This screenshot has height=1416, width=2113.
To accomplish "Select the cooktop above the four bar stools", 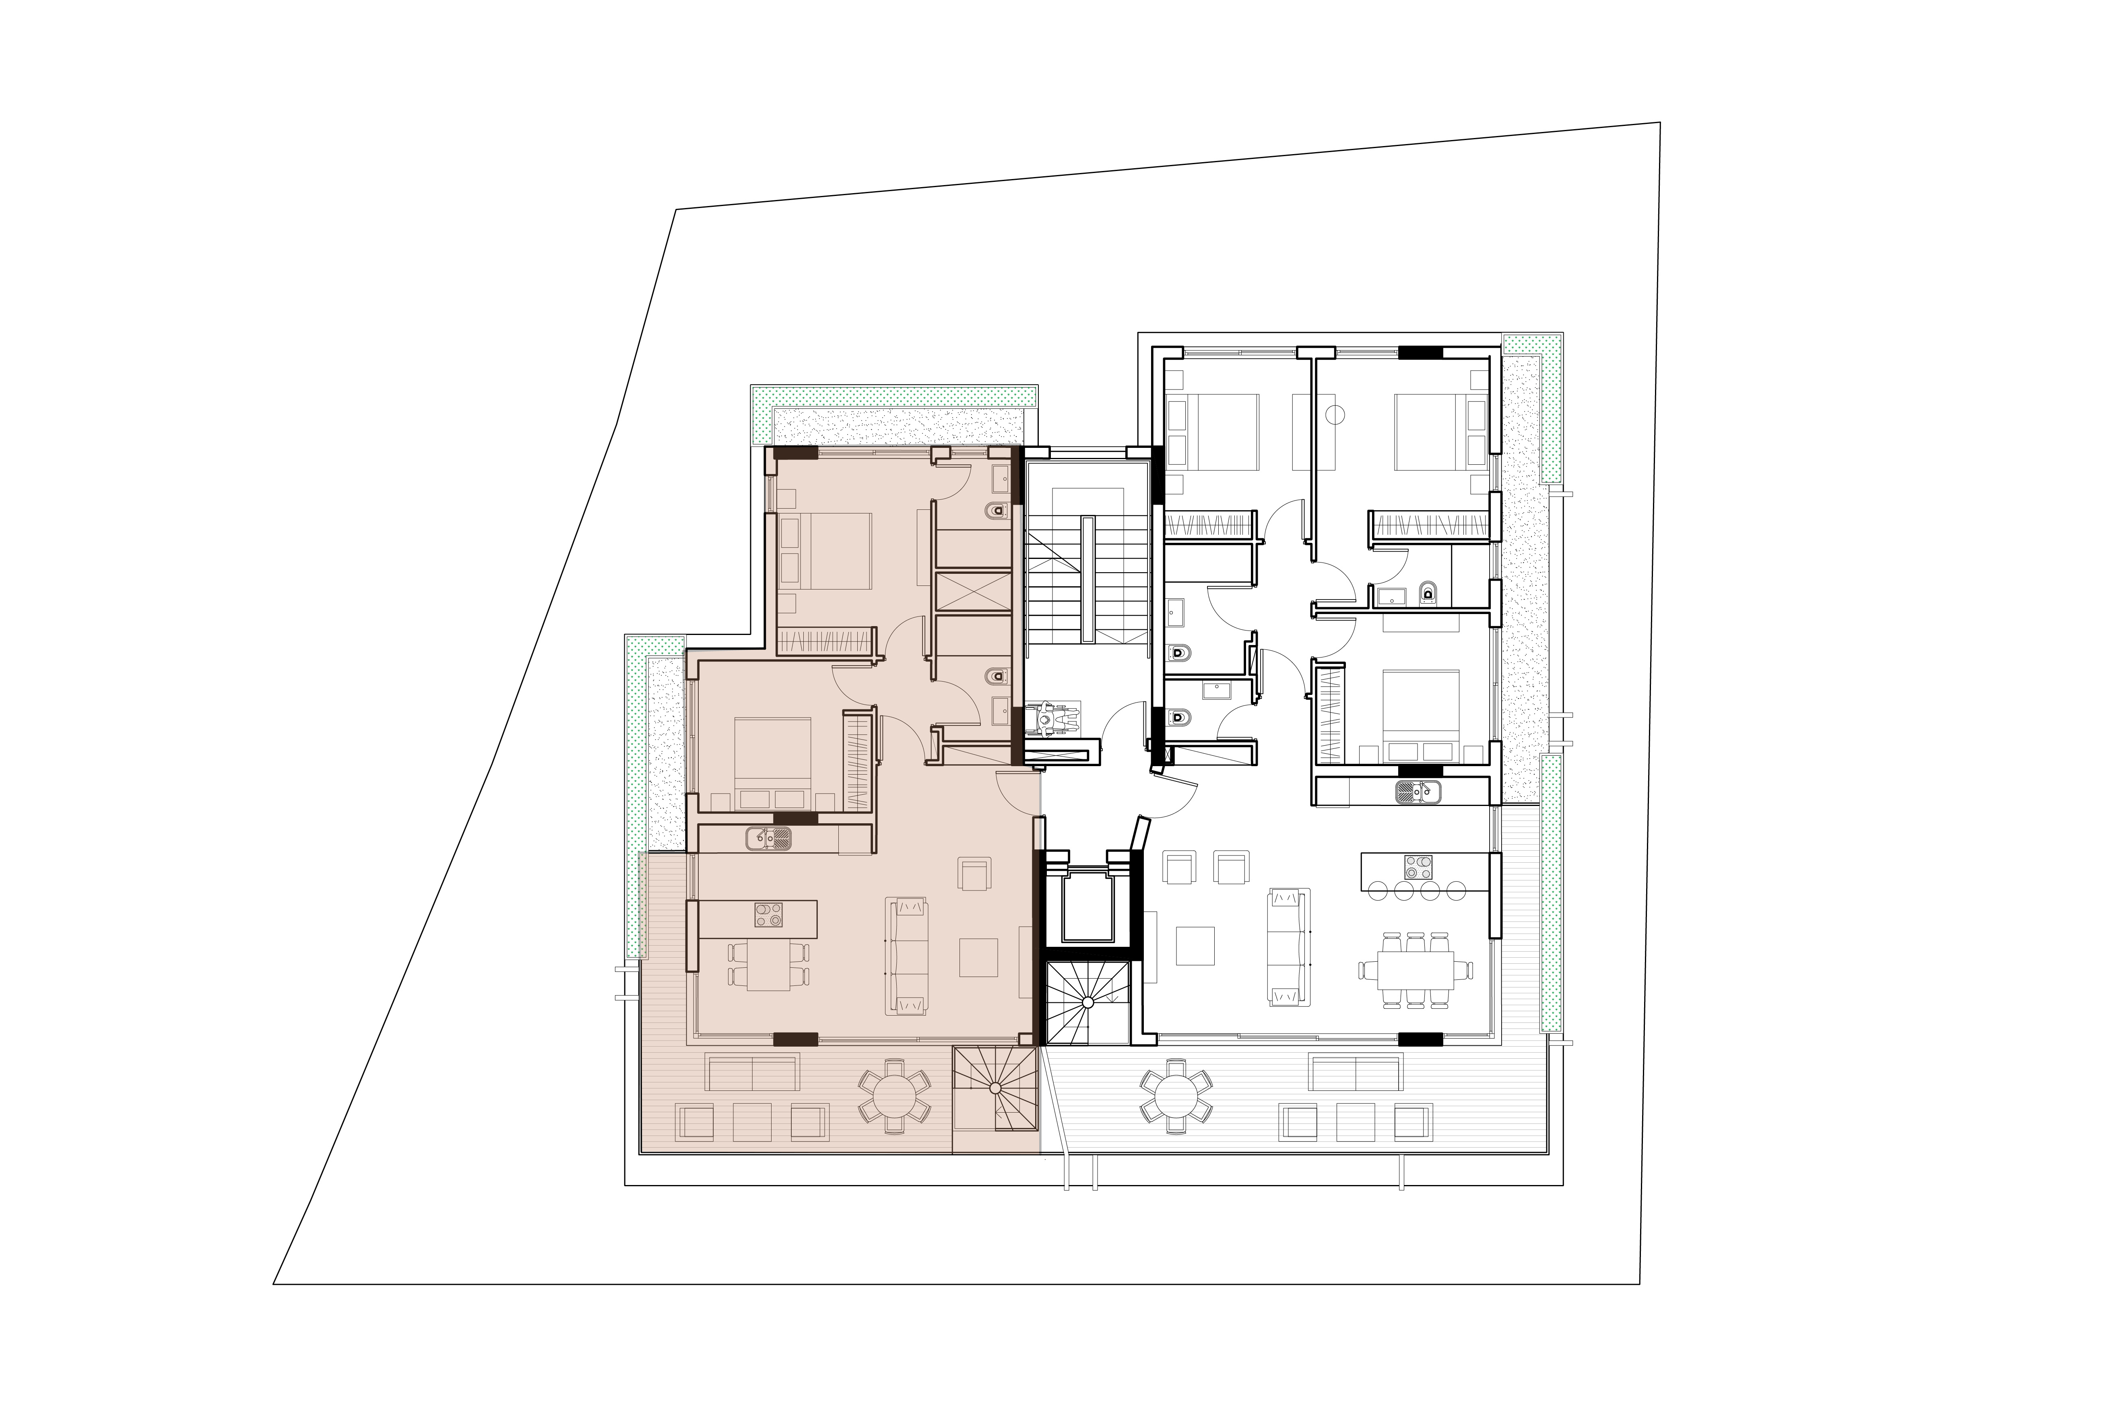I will [x=1417, y=867].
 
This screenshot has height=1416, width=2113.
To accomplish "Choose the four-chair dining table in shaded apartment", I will [x=768, y=965].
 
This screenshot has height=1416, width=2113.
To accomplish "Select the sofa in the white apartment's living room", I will [x=1288, y=946].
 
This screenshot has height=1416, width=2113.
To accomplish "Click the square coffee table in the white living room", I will [x=1196, y=946].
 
